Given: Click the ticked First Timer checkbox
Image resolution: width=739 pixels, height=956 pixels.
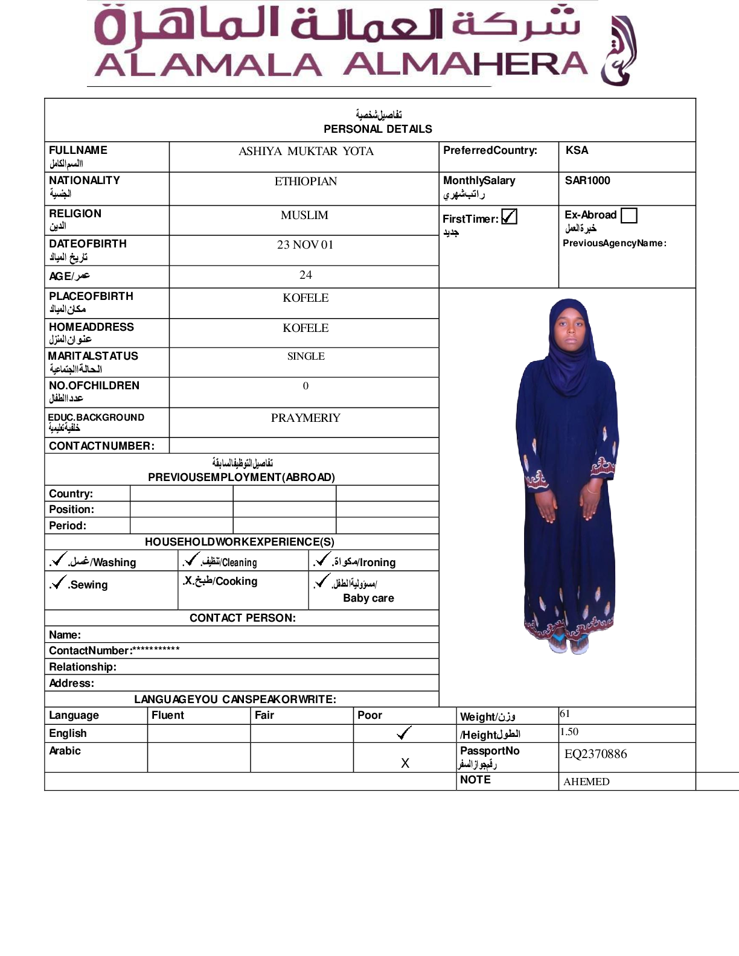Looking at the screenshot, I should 510,217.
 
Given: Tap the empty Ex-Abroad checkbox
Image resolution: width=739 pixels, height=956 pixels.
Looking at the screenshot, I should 629,215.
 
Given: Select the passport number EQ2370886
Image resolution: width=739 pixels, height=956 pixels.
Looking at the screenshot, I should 595,754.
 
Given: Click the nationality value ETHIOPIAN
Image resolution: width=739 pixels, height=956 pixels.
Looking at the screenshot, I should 306,182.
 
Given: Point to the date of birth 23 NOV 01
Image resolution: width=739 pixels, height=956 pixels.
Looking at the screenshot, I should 305,244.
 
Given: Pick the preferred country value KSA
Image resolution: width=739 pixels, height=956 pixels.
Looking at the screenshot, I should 577,150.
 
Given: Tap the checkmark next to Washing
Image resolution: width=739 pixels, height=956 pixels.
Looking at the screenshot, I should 59,559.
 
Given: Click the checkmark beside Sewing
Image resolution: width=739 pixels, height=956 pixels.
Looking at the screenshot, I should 59,582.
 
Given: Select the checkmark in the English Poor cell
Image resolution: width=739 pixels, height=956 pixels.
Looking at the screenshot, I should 404,733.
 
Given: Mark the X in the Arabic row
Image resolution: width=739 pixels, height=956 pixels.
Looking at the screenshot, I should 405,763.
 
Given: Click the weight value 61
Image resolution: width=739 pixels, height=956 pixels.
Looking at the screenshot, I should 565,714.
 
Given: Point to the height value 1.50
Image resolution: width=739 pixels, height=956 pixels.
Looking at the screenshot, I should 569,732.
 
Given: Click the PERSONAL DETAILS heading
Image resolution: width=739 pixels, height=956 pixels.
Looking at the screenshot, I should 378,129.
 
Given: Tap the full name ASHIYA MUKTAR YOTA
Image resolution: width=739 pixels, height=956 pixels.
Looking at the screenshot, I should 306,151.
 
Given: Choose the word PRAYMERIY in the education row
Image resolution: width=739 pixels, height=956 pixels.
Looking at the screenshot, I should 306,418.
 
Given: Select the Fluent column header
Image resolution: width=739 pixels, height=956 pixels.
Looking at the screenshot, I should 168,715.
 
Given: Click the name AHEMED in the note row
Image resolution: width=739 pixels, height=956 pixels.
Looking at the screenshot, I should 586,782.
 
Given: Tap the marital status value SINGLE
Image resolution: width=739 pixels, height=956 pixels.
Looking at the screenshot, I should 306,357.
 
